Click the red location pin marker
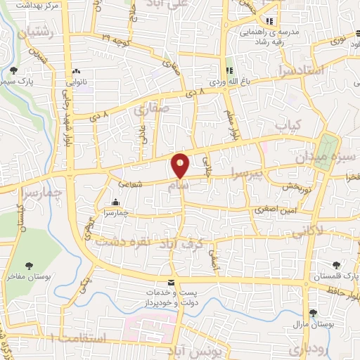181,166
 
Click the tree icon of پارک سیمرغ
13,70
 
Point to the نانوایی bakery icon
77,71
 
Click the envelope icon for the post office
171,283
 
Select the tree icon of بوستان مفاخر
29,265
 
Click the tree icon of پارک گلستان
335,265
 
